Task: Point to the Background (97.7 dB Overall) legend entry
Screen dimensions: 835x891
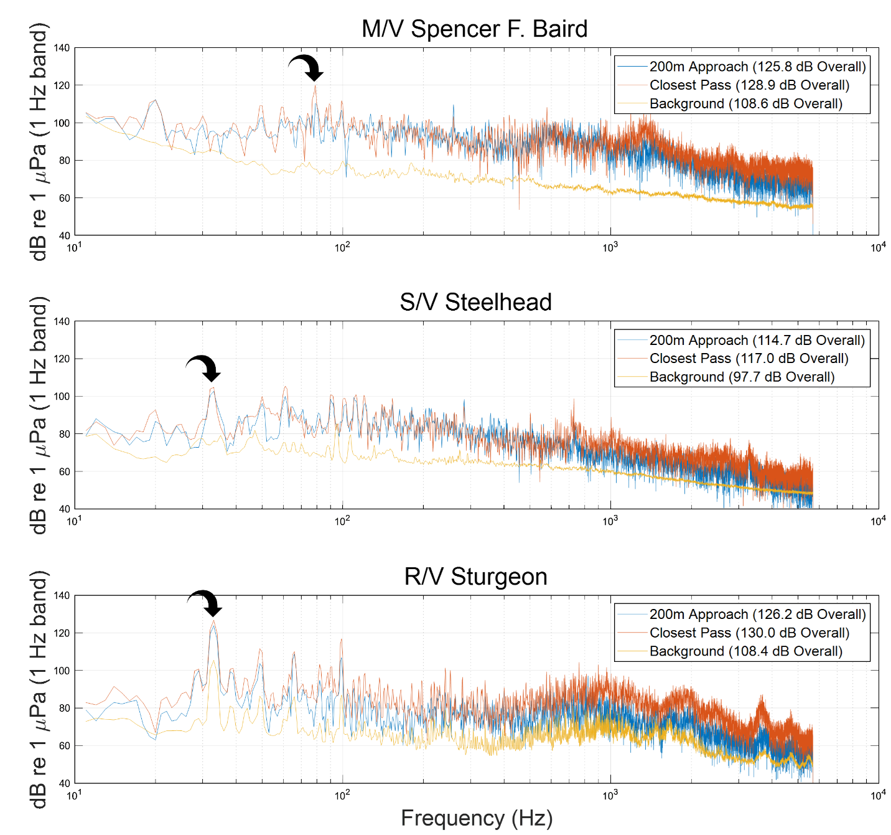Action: coord(742,377)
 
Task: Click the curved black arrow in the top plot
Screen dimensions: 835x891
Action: coord(307,67)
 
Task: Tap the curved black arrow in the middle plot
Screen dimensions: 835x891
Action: coord(205,367)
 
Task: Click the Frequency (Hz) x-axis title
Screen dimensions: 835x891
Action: coord(477,818)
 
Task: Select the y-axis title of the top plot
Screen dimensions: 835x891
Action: coord(39,141)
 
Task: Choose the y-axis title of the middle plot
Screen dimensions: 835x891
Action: coord(39,415)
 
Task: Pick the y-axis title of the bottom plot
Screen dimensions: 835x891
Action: coord(39,689)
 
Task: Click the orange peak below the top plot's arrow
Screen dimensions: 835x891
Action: coord(315,86)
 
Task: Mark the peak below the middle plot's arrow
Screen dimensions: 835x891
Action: coord(213,389)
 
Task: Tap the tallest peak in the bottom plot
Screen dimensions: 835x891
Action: coord(213,621)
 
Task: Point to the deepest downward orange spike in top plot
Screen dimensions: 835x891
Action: coord(519,208)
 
